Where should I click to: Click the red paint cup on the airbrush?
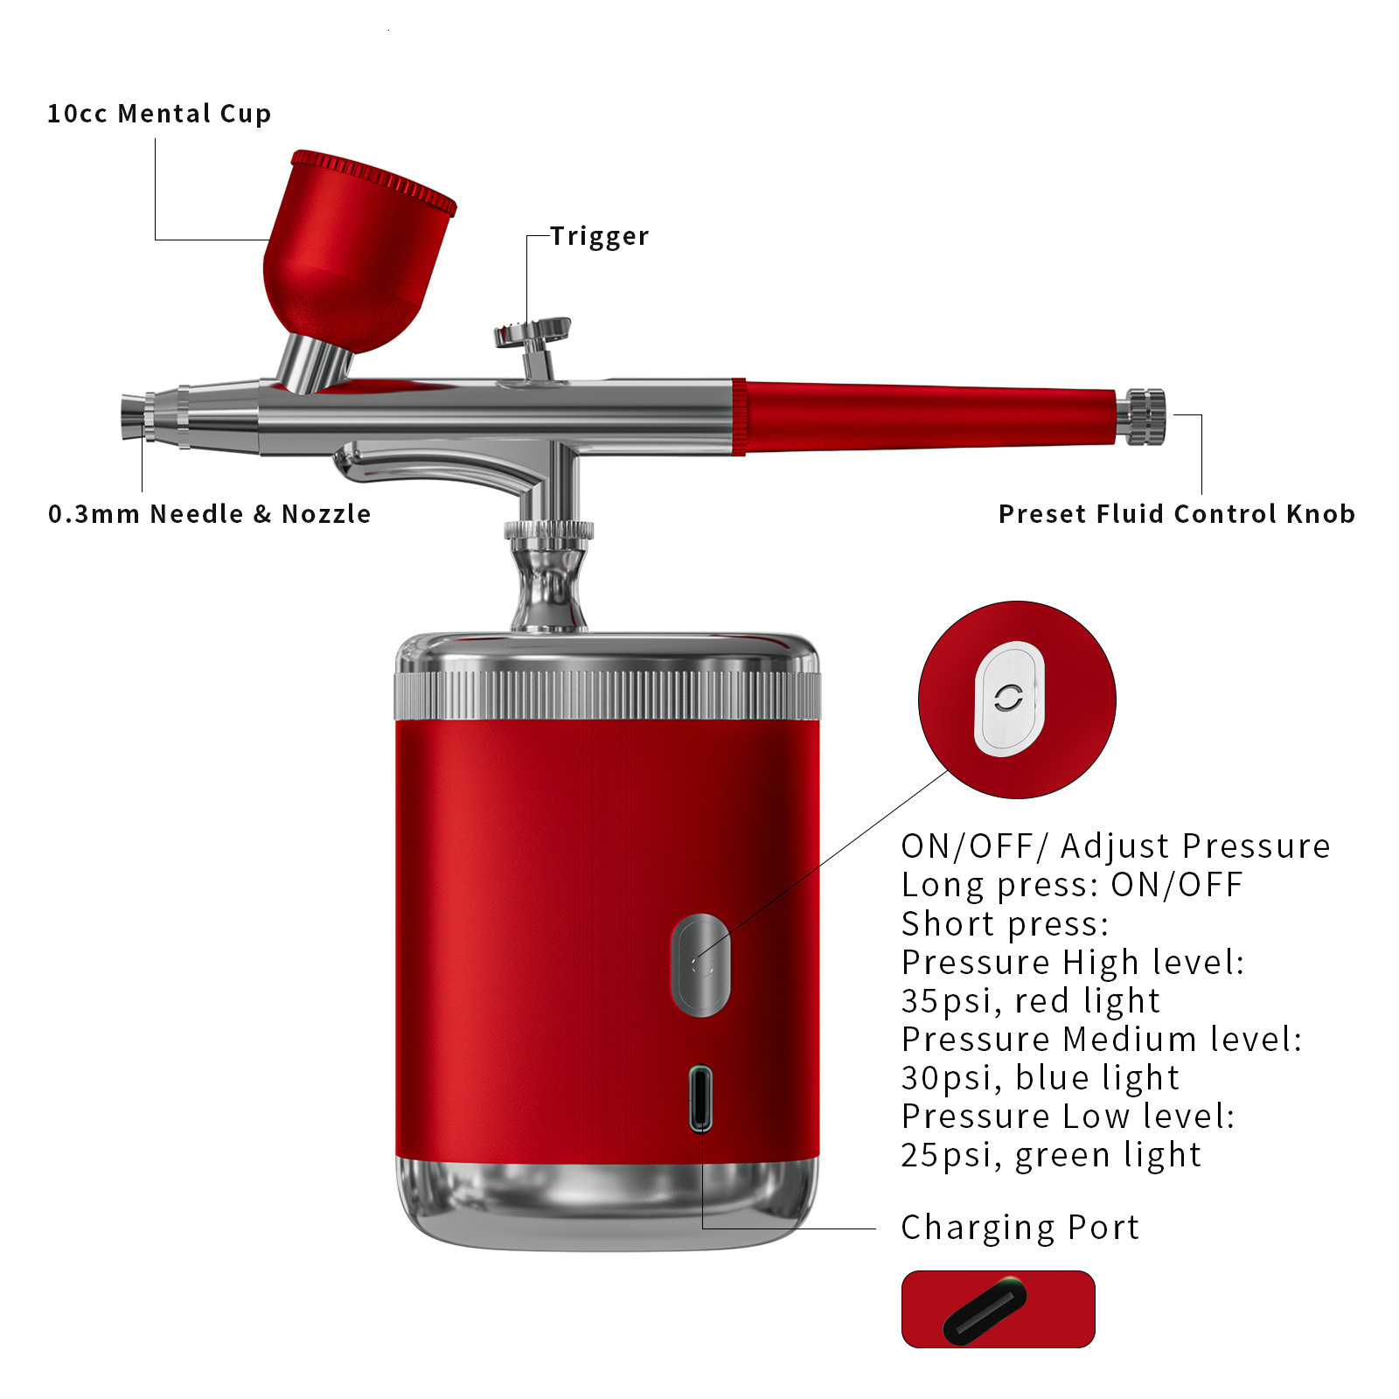[358, 254]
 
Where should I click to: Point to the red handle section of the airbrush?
[927, 417]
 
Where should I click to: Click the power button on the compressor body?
[700, 965]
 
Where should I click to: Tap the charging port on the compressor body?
[700, 1098]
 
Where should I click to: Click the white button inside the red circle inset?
[1009, 699]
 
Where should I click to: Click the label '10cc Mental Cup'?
[159, 114]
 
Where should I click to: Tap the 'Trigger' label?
[600, 236]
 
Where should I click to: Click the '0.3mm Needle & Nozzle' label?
[210, 514]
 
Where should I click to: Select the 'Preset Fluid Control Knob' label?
[1177, 514]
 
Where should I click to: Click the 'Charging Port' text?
[1020, 1228]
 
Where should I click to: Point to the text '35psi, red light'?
[1030, 1001]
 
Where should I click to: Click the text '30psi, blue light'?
[1040, 1078]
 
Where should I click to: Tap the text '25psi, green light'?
[1051, 1155]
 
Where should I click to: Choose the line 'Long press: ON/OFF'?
[1072, 885]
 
